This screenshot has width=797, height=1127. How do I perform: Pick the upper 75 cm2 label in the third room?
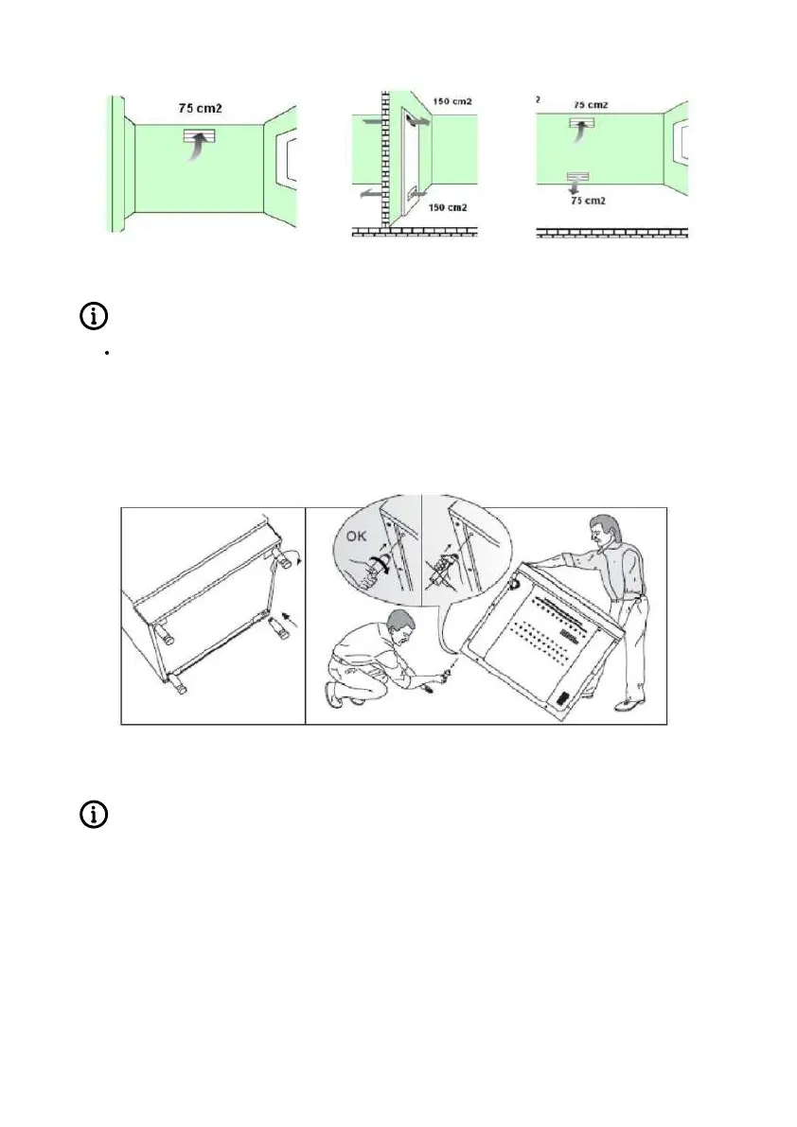coord(590,104)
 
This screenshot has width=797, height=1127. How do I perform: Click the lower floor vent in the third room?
coord(576,178)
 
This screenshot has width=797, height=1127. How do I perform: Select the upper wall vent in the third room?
coord(582,124)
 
